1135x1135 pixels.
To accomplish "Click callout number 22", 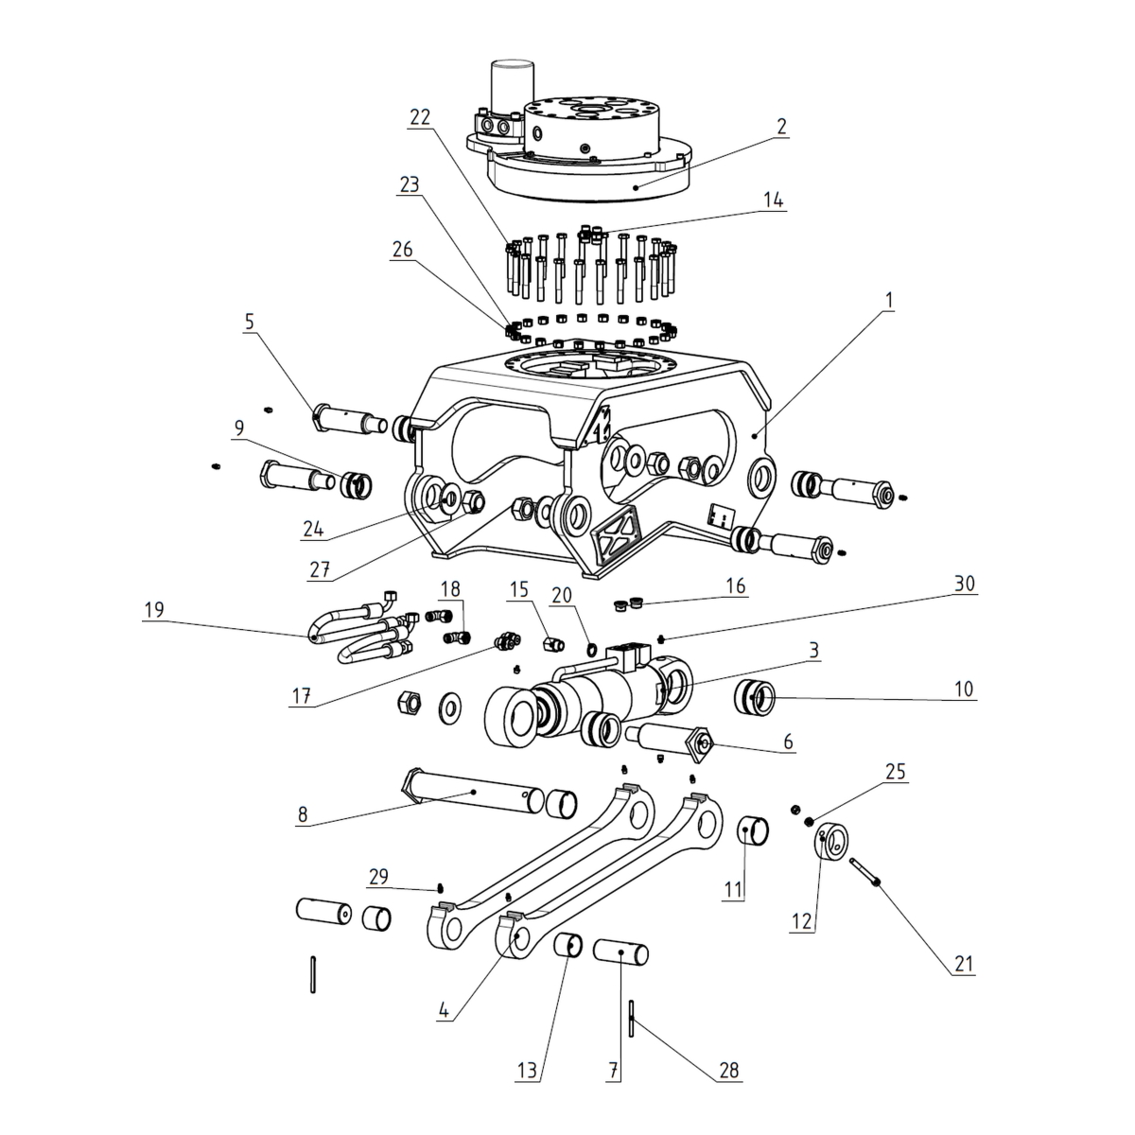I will click(420, 118).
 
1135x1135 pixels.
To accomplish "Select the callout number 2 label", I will click(780, 127).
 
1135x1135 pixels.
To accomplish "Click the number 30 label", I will click(963, 585).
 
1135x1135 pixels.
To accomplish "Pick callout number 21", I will click(964, 966).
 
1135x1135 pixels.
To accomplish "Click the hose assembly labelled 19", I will click(359, 629).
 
